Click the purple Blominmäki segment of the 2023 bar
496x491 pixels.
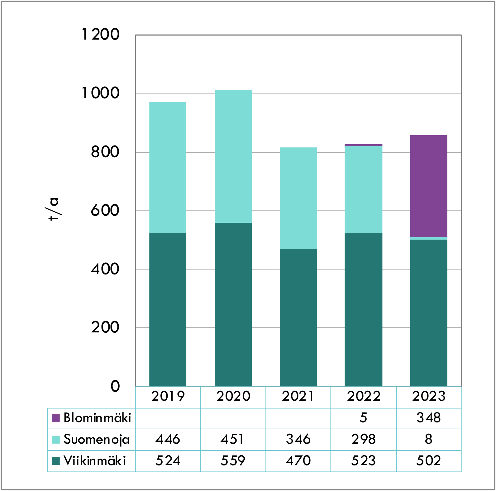coord(429,186)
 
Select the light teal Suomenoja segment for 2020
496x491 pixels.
coord(233,156)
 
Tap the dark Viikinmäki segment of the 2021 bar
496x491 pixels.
coord(298,317)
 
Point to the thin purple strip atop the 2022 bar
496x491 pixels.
coord(363,145)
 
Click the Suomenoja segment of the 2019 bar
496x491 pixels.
coord(168,167)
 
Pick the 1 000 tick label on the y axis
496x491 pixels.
coord(100,93)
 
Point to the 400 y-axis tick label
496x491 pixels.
coord(105,269)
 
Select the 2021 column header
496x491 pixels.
coord(298,396)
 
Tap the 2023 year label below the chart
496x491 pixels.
coord(429,396)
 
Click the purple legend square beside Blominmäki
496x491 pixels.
coord(56,418)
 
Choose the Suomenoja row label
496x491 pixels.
coord(96,439)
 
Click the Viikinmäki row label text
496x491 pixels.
coord(94,461)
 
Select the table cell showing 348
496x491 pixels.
coord(429,418)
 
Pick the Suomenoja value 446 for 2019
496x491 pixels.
coord(168,439)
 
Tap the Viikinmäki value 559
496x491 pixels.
coord(233,461)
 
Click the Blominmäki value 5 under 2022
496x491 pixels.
coord(363,418)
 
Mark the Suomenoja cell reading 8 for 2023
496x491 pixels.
coord(429,439)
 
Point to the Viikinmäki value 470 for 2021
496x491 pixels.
coord(298,461)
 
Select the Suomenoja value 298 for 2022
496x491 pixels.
coord(363,439)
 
